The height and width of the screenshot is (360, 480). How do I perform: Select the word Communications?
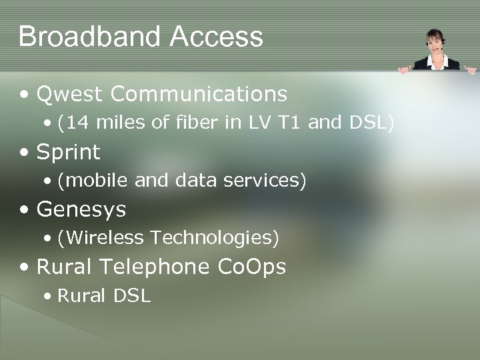(x=199, y=95)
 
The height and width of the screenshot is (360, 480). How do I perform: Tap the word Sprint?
(x=69, y=153)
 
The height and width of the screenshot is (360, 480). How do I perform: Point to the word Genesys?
(x=82, y=210)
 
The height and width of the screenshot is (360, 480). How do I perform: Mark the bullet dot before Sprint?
(x=25, y=153)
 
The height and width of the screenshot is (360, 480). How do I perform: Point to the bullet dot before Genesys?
(x=25, y=211)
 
